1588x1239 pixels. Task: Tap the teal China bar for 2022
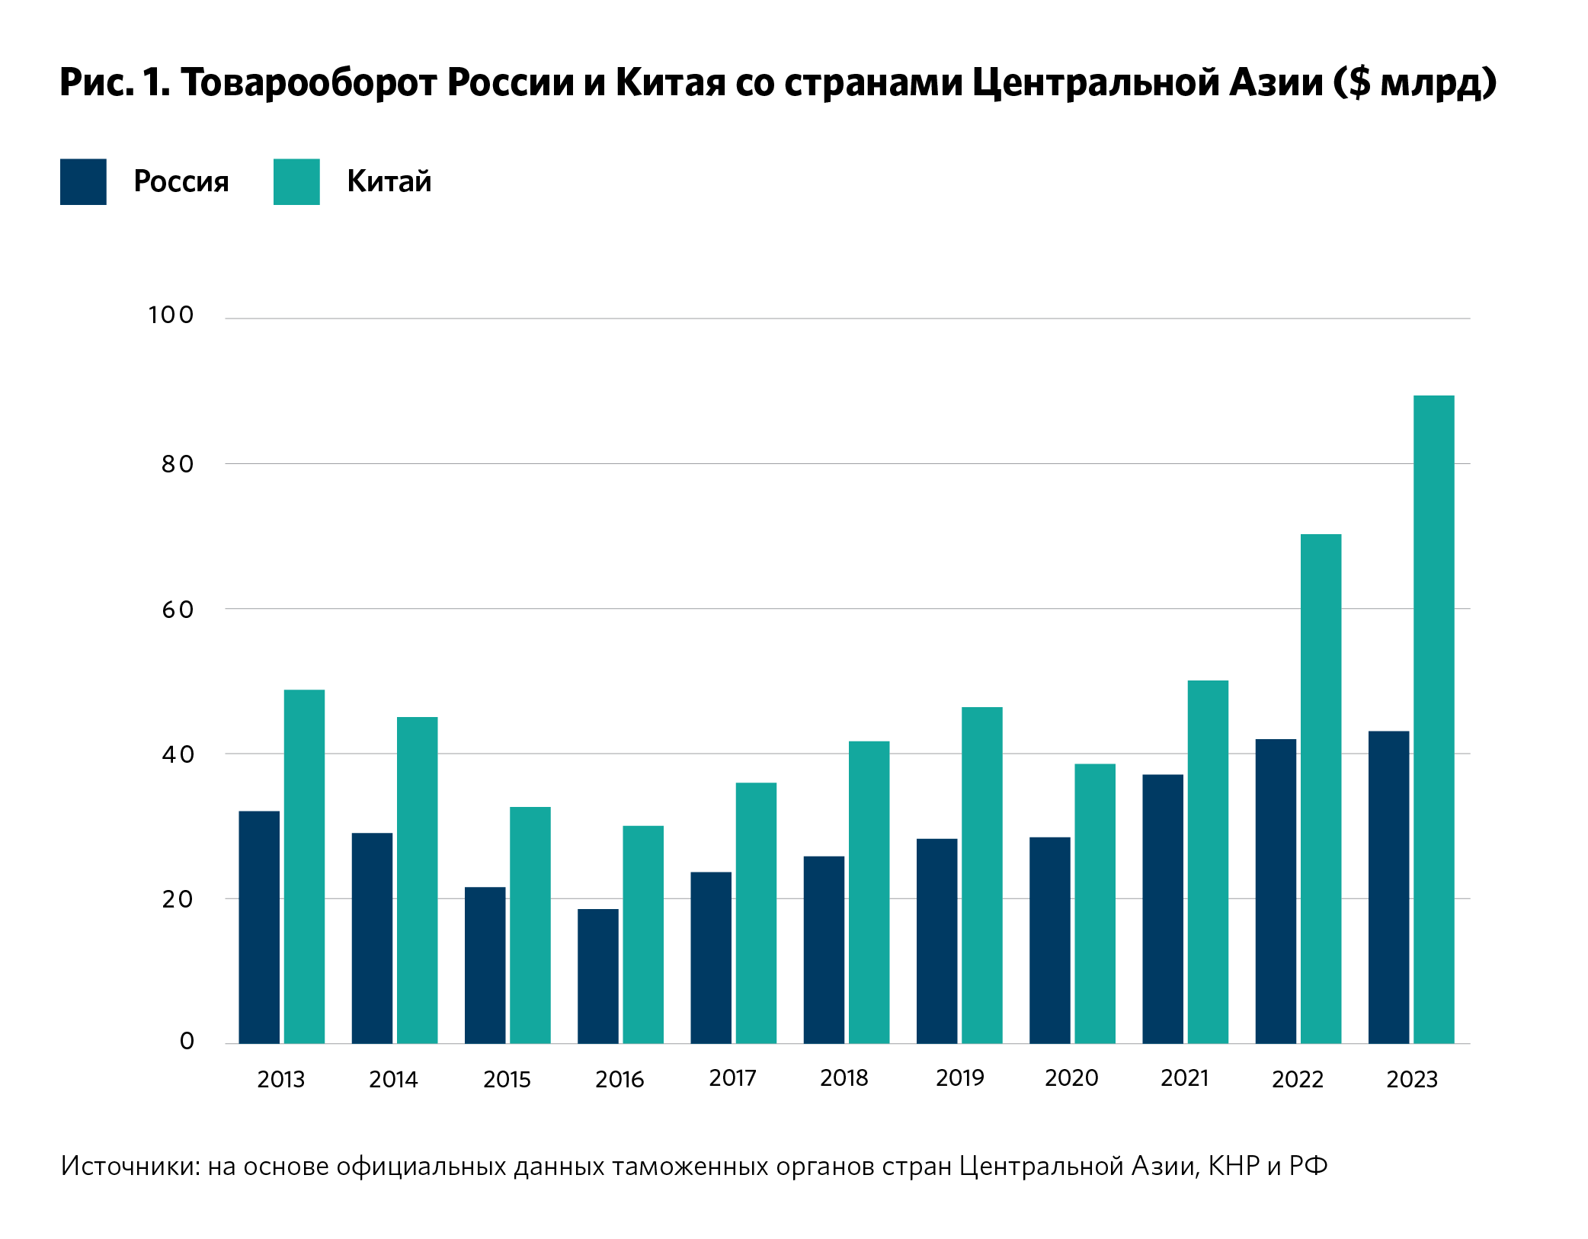[x=1321, y=789]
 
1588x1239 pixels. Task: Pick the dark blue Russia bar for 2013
[x=259, y=927]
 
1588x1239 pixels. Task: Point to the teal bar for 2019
[x=981, y=875]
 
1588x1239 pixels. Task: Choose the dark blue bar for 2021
[x=1162, y=908]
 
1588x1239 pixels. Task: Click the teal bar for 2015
[x=530, y=924]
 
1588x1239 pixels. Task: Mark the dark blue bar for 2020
[x=1049, y=940]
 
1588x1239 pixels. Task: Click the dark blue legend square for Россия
[x=83, y=181]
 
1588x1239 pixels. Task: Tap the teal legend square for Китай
[x=296, y=181]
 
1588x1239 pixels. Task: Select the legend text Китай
[x=389, y=181]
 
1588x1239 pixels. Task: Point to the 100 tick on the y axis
[x=171, y=315]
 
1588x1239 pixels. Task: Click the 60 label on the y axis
[x=178, y=610]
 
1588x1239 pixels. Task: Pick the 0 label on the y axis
[x=187, y=1041]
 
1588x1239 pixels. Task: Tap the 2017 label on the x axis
[x=732, y=1078]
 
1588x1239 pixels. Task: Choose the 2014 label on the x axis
[x=393, y=1080]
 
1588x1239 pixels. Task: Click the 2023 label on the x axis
[x=1411, y=1080]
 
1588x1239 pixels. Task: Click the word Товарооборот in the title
[x=309, y=82]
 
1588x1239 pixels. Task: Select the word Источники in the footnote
[x=130, y=1167]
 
